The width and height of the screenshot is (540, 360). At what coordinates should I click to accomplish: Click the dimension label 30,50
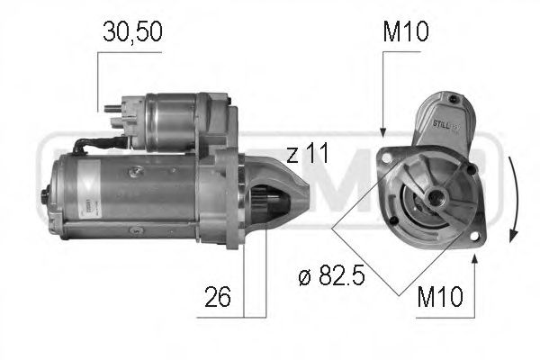coord(130,33)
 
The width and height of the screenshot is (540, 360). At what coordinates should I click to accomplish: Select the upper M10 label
coord(406,33)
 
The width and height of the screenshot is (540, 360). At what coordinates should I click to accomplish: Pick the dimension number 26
coord(217,295)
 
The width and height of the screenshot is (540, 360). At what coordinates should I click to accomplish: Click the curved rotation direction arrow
coord(513,200)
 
